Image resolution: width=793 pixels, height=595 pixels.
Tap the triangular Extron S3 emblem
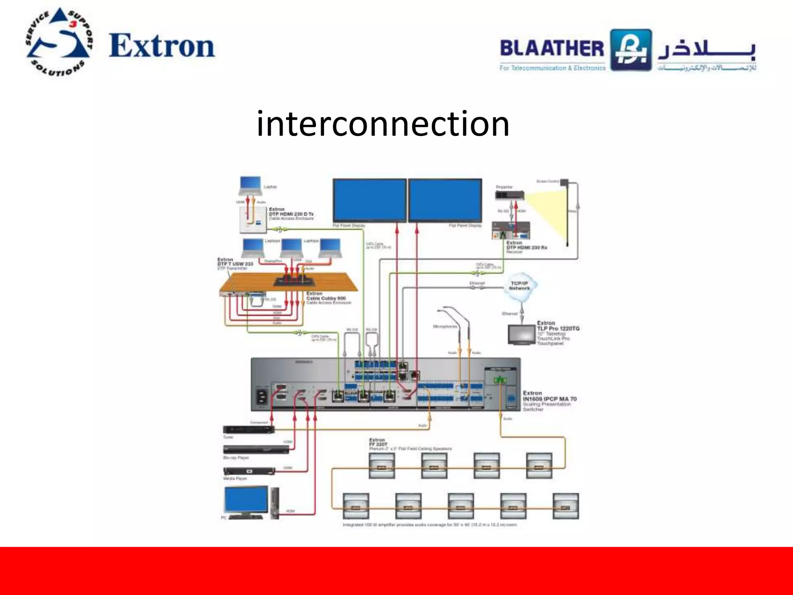coord(59,42)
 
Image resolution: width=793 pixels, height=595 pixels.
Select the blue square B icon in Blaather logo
coord(631,50)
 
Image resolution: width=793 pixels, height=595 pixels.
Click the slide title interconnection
coord(383,124)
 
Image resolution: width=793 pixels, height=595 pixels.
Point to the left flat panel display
coord(369,200)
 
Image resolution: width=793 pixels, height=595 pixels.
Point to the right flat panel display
coord(445,200)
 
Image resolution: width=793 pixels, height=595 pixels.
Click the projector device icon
coord(510,196)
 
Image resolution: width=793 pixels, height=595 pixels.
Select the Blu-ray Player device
coord(256,450)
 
